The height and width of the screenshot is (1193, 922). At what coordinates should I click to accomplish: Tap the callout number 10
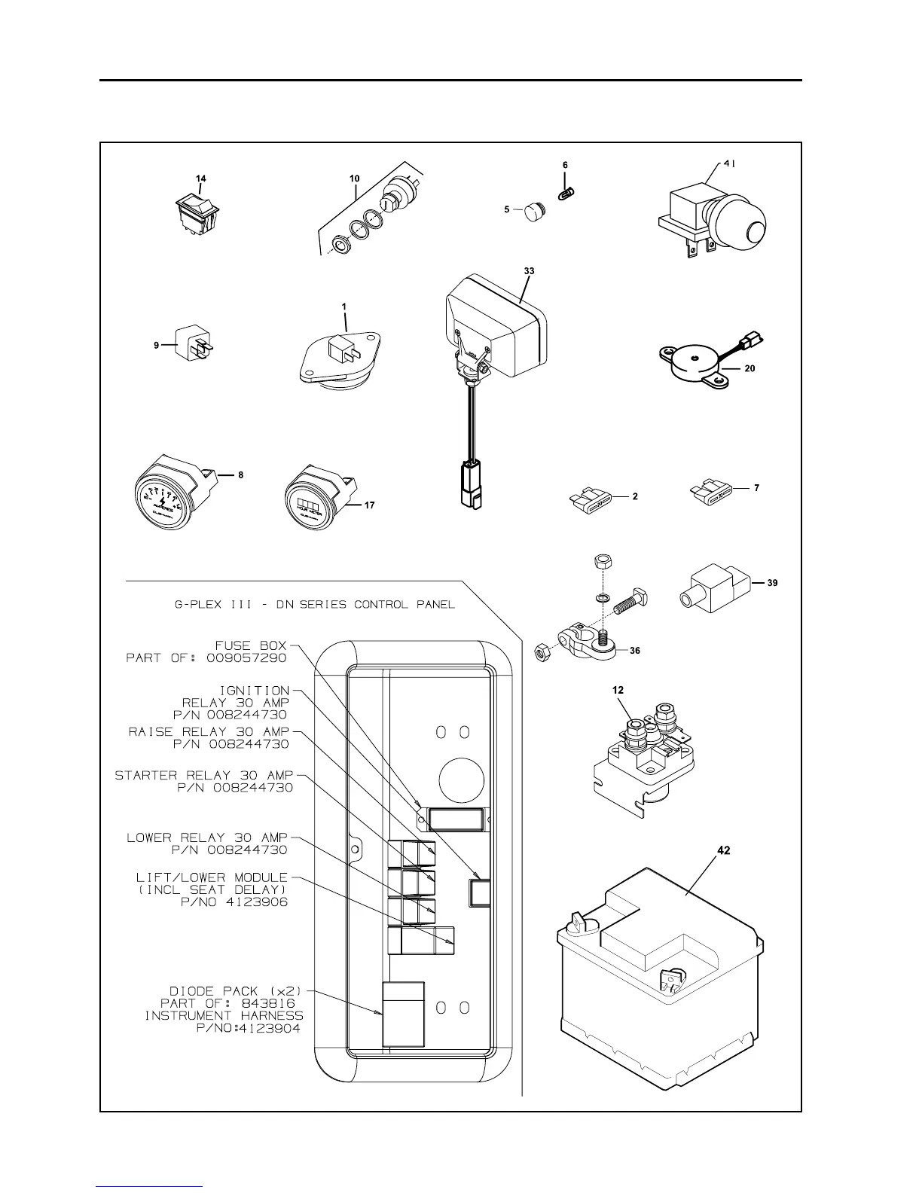354,178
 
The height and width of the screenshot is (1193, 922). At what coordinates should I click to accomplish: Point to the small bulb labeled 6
566,194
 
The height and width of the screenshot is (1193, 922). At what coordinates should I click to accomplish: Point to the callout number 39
772,583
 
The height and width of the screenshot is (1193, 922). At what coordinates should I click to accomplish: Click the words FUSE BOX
251,645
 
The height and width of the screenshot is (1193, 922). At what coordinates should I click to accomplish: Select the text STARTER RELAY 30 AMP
203,775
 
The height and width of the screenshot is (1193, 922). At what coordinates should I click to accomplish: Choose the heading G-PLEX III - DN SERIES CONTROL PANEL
315,605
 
